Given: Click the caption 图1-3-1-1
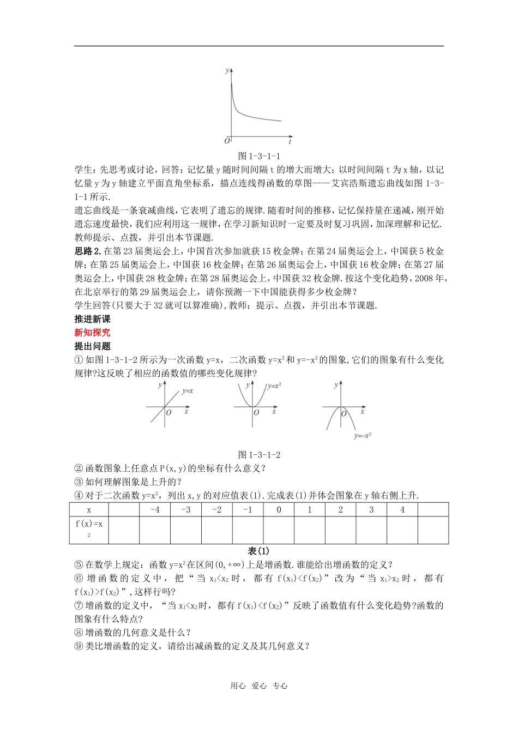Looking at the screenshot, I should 259,155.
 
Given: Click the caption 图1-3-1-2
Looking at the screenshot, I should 259,454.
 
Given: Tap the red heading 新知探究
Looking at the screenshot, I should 92,332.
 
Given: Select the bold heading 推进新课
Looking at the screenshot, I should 92,319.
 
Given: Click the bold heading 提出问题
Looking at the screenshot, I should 92,346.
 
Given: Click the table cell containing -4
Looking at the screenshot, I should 155,510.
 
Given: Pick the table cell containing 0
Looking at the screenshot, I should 279,510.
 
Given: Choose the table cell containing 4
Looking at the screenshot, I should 402,510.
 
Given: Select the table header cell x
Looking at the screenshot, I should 89,510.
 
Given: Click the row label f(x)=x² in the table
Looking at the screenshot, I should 89,527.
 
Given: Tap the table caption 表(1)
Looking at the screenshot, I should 259,551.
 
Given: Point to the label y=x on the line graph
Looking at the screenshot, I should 188,391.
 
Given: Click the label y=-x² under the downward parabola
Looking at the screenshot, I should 362,436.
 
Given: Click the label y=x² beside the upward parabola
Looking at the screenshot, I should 274,386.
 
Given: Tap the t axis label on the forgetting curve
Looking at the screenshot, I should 290,141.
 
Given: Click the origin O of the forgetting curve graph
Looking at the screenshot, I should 227,141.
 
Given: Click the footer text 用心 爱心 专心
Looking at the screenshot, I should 259,686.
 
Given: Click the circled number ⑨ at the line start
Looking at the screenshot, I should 79,646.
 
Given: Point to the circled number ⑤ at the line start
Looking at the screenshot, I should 79,565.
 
